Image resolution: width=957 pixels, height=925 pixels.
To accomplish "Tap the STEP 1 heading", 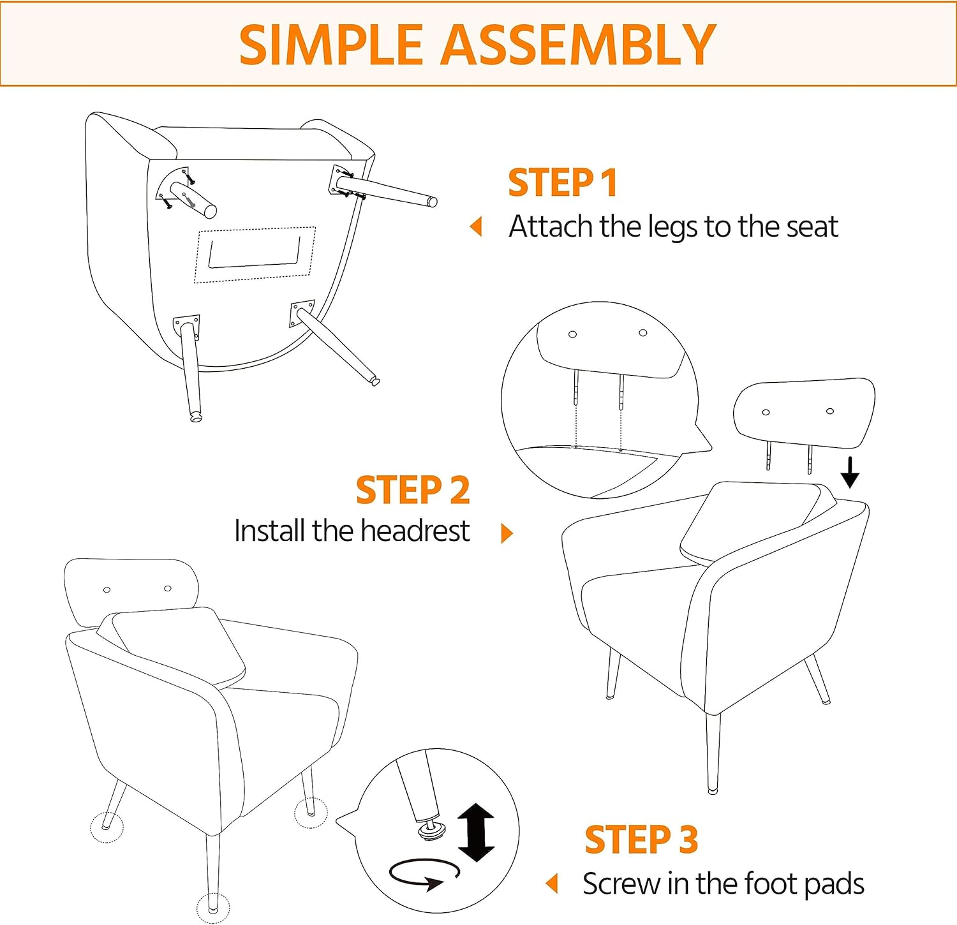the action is [x=563, y=182].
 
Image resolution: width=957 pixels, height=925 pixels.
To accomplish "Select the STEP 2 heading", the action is [x=413, y=490].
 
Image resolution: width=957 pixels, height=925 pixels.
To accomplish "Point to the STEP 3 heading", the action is [x=641, y=839].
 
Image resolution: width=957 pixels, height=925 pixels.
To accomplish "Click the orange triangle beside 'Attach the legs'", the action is [x=475, y=226].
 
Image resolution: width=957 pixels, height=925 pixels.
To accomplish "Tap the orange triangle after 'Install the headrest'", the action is [x=507, y=533].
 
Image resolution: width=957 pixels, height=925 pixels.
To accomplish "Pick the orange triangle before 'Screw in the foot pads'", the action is [x=552, y=884].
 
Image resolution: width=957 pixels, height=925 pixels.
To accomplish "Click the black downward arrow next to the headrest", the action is [x=850, y=472].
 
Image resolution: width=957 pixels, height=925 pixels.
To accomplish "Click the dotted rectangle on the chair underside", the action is [x=255, y=254].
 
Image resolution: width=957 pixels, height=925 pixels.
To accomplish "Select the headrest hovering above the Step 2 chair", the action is [x=804, y=413].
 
